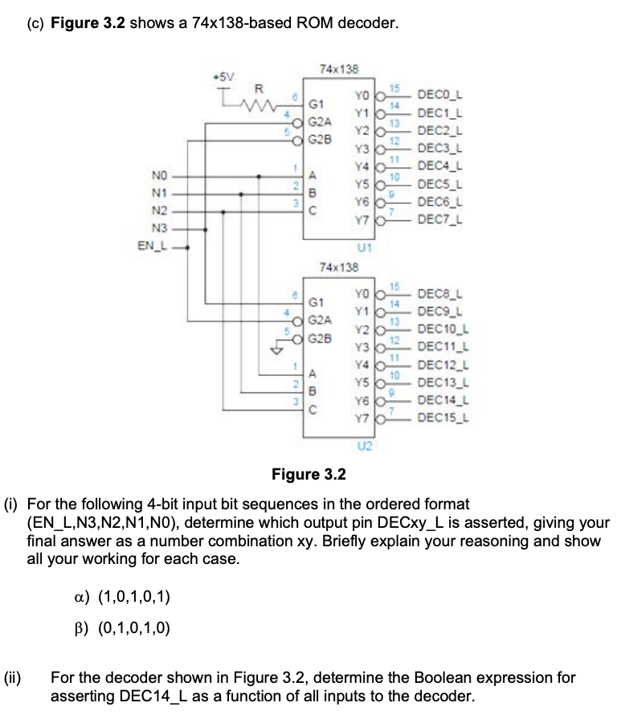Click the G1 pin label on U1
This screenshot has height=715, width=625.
[x=317, y=104]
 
